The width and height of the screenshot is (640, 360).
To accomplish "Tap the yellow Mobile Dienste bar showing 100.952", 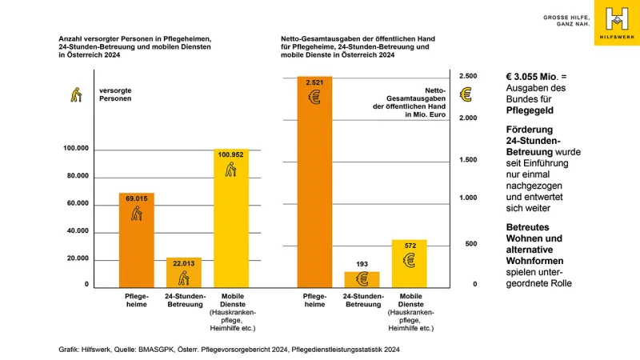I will pos(231,218).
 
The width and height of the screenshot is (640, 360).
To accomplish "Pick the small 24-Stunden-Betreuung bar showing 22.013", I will pos(184,272).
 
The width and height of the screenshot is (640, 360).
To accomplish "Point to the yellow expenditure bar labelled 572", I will pos(409,263).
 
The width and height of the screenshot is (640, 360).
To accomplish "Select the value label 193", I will pos(362,264).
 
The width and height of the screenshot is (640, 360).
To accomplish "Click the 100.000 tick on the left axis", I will pos(77,149).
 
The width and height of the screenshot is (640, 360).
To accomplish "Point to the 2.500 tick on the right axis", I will pos(466,76).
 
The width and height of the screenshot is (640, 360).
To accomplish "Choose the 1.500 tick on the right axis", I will pos(466,160).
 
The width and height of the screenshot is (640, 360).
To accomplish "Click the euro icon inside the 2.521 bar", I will pos(314,98).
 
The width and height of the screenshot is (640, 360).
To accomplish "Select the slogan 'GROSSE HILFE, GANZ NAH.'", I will pos(567,20).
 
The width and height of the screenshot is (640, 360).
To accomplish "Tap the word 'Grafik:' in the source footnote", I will pos(71,350).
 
